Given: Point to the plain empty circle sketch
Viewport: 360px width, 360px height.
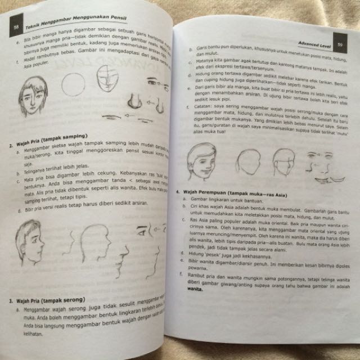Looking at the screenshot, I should pyautogui.click(x=73, y=84).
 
